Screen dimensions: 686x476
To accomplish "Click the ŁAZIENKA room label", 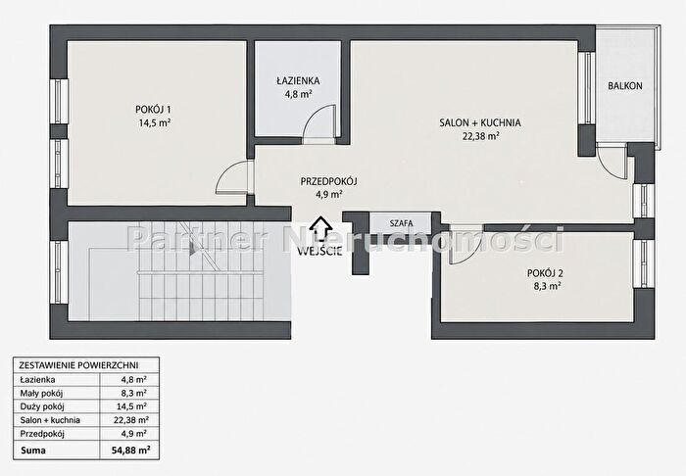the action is pos(298,81).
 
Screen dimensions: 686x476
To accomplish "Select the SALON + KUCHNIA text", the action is pos(480,122).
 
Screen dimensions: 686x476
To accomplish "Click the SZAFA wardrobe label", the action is pos(401,223).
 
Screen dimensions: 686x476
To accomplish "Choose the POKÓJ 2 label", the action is pos(545,273).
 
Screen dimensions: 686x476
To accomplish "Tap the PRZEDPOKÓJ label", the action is pos(329,181).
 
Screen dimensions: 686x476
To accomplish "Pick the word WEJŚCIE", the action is pos(319,252).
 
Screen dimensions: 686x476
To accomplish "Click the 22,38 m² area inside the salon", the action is pos(481,136).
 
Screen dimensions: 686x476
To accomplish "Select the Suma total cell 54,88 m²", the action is pos(130,450).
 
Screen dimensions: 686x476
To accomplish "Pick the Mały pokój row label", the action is pos(41,393).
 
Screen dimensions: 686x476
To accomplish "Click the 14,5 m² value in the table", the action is pos(131,406).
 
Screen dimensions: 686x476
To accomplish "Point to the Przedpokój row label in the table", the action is pos(42,434).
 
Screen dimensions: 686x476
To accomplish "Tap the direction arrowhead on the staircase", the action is pos(193,249).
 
